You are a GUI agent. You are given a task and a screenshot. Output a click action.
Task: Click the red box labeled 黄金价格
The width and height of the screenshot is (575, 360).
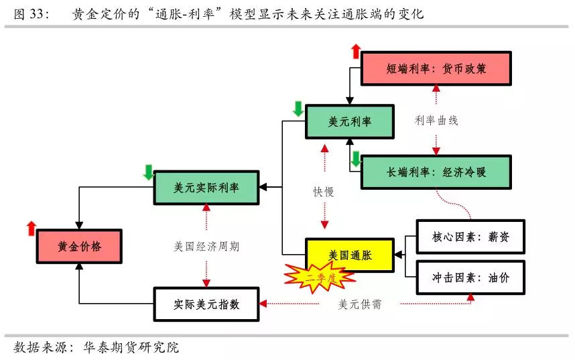click(78, 247)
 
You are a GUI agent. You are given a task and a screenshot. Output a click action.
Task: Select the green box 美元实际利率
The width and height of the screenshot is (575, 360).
click(206, 188)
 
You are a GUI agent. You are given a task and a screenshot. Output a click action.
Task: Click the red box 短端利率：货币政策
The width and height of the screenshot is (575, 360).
click(436, 68)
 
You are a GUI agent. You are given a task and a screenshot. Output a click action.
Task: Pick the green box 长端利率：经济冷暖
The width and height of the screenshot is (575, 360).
click(436, 172)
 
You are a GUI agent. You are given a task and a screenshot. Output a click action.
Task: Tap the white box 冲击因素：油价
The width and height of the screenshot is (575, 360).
click(470, 276)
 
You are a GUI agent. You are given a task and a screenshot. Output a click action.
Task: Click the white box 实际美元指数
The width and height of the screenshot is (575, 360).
click(206, 304)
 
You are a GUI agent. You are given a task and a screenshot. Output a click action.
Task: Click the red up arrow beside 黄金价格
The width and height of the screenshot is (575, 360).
click(31, 228)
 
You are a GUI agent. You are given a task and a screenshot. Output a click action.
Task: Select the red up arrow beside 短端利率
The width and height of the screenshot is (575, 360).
click(355, 51)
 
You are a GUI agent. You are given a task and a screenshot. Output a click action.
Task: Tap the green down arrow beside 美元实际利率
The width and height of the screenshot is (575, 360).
click(148, 172)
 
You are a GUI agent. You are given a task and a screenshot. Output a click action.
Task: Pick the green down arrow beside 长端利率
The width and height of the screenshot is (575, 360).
click(355, 159)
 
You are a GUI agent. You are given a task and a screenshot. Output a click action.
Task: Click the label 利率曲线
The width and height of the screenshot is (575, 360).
click(436, 121)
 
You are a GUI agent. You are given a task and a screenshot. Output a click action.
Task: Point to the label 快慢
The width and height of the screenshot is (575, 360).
click(324, 192)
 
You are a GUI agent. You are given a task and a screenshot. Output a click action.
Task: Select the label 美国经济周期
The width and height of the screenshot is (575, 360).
click(206, 246)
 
